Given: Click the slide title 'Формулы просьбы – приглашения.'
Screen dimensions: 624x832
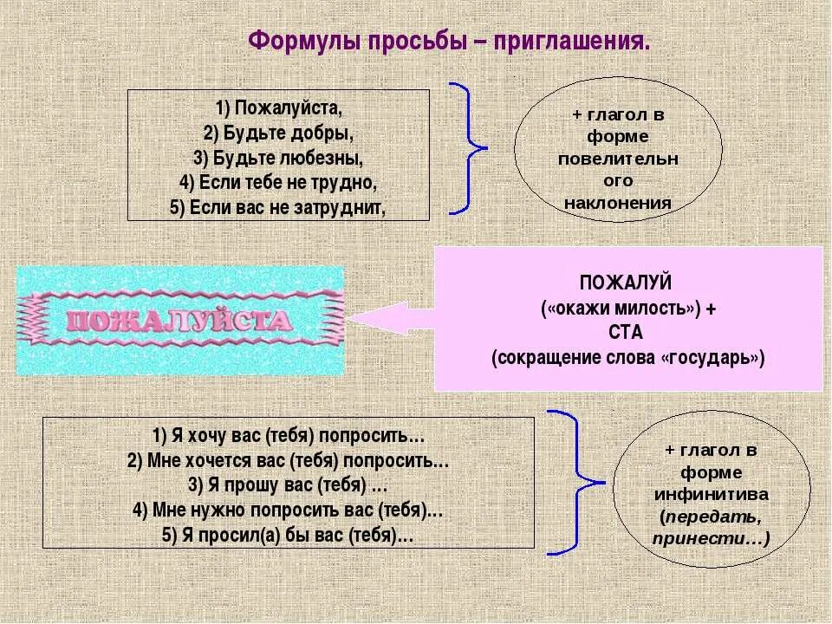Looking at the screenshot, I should click(x=448, y=42).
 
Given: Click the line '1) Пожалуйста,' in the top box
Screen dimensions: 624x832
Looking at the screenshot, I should click(x=279, y=109).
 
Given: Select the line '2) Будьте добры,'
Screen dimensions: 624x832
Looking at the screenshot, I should click(x=278, y=133).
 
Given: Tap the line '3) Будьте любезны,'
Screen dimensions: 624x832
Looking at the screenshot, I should click(x=278, y=159).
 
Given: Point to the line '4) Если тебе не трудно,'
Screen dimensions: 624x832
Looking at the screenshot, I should click(x=278, y=183).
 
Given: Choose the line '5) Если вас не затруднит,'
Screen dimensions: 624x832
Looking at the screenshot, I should click(x=278, y=207).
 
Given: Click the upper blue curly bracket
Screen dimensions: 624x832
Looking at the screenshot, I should click(x=469, y=147).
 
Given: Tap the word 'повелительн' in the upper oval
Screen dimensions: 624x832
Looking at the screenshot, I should click(x=617, y=159).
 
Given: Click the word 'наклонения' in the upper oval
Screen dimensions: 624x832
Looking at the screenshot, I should click(x=617, y=204).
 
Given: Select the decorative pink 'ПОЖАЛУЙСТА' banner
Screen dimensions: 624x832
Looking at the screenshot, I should click(x=180, y=321).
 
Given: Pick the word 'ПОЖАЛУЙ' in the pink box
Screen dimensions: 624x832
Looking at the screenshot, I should click(x=627, y=283).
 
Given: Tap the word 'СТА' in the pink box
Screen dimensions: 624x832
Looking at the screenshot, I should click(x=627, y=333).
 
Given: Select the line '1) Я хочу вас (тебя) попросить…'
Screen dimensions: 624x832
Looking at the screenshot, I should click(x=289, y=435).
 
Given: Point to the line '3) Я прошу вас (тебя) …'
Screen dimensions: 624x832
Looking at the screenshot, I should click(x=288, y=484).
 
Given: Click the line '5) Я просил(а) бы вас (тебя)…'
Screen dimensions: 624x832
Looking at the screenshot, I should click(x=288, y=535).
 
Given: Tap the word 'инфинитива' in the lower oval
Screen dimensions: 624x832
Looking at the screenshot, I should click(x=711, y=495).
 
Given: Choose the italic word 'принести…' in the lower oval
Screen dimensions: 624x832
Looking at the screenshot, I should click(x=711, y=538).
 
